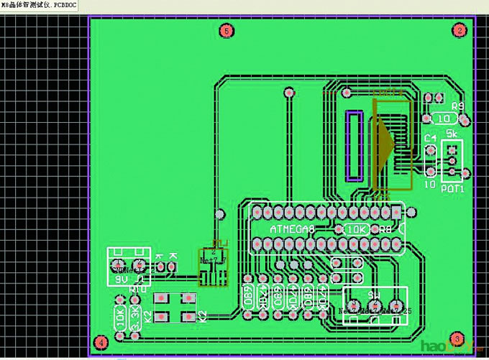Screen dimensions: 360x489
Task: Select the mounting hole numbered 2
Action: point(458,29)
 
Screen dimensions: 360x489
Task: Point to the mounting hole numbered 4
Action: point(101,342)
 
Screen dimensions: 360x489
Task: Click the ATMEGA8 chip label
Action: point(292,229)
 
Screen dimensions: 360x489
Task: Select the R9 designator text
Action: point(457,106)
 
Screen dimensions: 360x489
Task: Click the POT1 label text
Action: point(452,189)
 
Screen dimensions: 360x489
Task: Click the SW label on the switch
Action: point(374,295)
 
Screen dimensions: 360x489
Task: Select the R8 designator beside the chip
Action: point(385,229)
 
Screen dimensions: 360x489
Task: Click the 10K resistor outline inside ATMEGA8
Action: point(357,229)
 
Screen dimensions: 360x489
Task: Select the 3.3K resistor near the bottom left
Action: point(137,320)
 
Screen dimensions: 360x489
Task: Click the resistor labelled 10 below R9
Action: point(443,118)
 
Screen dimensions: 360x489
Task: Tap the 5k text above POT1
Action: point(452,134)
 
